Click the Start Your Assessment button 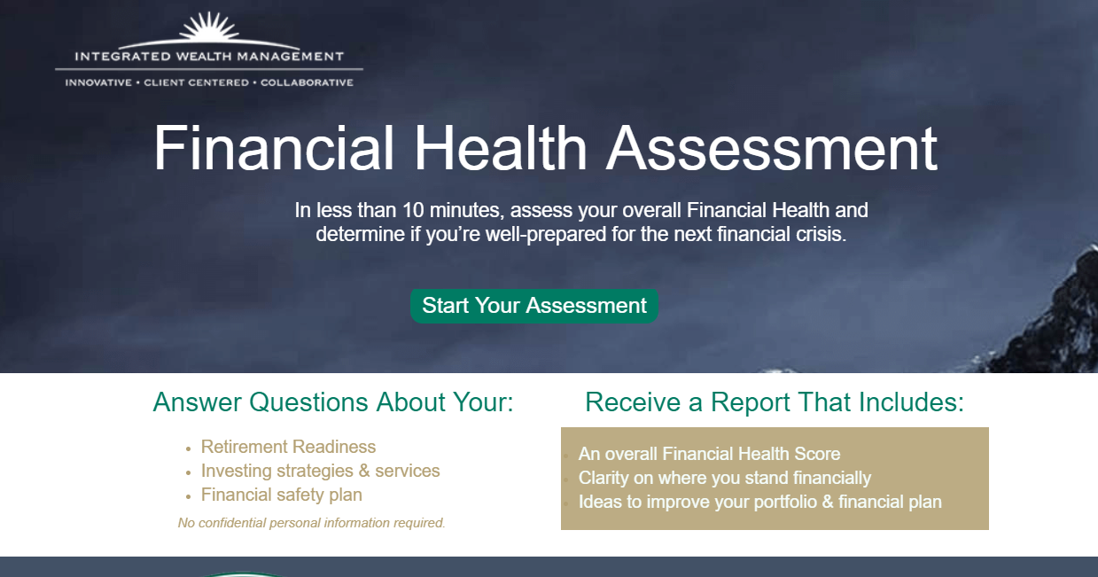534,306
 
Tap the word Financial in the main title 274,148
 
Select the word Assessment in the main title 771,148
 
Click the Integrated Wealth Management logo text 209,57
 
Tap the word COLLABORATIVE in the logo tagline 307,83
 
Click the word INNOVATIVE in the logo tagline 97,83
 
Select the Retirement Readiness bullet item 288,447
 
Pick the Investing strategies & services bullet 320,471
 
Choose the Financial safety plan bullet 281,495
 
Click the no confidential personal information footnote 311,523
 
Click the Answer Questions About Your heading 333,402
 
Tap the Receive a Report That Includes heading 775,402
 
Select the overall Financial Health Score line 709,454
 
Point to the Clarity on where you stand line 724,478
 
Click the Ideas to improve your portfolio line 759,502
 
